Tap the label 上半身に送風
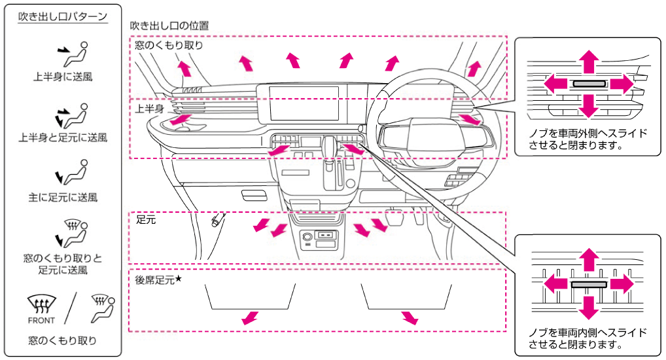pos(63,77)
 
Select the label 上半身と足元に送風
pos(63,137)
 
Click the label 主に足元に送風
pos(63,196)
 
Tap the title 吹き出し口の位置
pos(169,26)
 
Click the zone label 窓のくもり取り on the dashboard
pos(169,45)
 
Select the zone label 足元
pos(146,221)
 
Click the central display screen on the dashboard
pos(305,103)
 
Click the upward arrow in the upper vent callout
pos(589,61)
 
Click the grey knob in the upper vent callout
pos(589,84)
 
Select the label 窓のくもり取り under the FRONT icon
pos(63,340)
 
